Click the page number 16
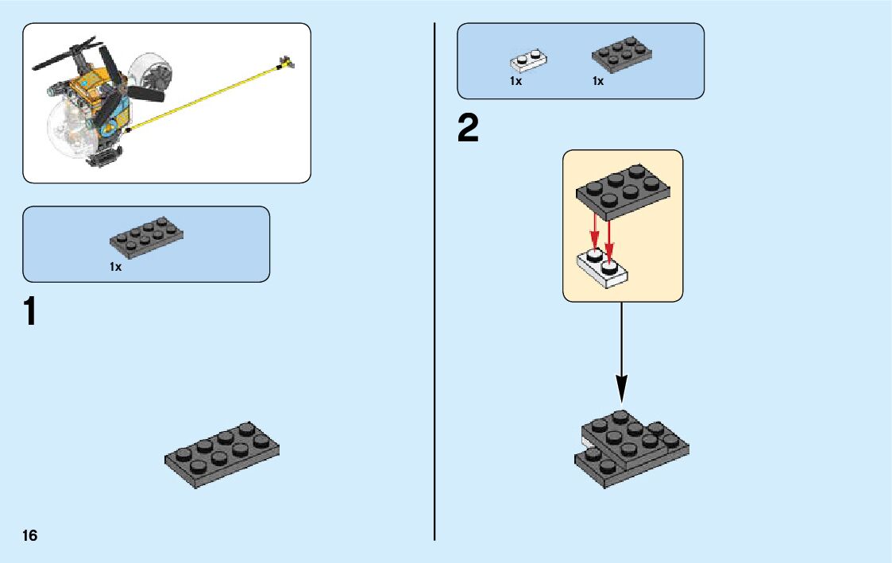(x=29, y=535)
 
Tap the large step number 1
(x=29, y=312)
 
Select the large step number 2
(x=469, y=129)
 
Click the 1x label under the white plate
(x=516, y=81)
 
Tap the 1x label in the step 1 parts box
(x=116, y=268)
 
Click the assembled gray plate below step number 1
(x=222, y=455)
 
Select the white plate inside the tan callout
(x=601, y=267)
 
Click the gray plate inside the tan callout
(x=623, y=190)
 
